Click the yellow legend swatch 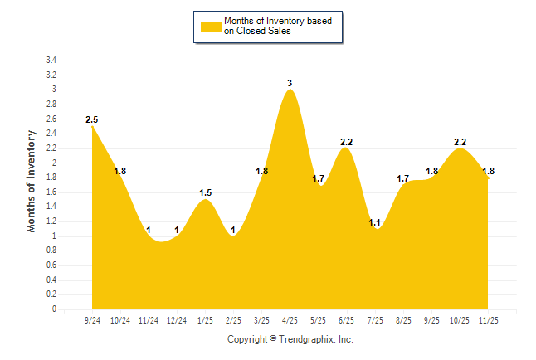coord(211,26)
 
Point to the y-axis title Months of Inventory coord(32,180)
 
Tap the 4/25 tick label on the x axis coord(290,319)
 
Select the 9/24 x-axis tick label coord(92,319)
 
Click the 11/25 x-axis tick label coord(488,319)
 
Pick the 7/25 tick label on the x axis coord(375,319)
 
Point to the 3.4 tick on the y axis coord(51,61)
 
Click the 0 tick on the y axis coord(54,309)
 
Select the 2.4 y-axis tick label coord(51,134)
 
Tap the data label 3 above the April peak coord(290,83)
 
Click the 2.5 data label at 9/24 coord(92,119)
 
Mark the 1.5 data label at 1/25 coord(206,192)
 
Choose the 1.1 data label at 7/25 coord(374,222)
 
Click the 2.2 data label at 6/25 coord(347,142)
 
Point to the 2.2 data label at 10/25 coord(460,142)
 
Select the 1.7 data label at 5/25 coord(319,178)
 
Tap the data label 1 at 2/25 coord(234,230)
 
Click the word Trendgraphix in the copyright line coord(307,339)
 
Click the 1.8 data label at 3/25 coord(262,171)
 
